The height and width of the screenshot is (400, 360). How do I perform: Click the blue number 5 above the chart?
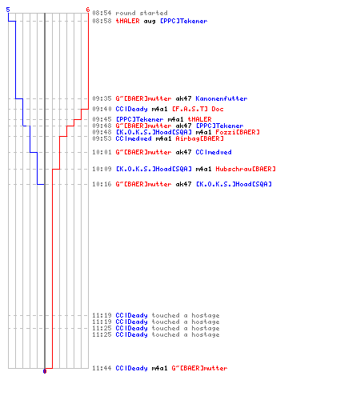click(x=8, y=10)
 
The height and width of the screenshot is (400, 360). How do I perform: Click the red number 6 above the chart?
click(x=88, y=10)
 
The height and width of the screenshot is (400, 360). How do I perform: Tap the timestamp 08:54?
click(x=102, y=13)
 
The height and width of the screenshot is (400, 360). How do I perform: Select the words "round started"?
click(x=142, y=13)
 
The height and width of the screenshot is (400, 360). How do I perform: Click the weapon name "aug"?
click(x=150, y=22)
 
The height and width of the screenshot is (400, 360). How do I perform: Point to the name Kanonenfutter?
click(x=222, y=98)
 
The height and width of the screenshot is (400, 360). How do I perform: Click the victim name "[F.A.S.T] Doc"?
click(x=198, y=109)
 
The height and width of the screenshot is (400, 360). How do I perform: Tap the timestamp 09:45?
click(x=102, y=119)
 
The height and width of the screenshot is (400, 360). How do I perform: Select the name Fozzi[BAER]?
click(x=238, y=132)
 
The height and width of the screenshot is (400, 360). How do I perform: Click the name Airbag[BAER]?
click(x=199, y=138)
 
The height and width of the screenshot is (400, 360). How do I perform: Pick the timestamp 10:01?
click(x=102, y=152)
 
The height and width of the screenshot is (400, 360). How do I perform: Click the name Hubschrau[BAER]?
click(x=246, y=169)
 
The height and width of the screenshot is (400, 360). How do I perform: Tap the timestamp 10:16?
click(x=102, y=184)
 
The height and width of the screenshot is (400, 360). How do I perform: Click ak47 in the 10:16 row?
click(x=183, y=184)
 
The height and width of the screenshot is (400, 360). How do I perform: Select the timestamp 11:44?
click(x=102, y=368)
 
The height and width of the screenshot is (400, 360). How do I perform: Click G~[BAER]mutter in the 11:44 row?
click(x=199, y=368)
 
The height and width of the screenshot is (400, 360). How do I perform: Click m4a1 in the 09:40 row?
click(x=159, y=109)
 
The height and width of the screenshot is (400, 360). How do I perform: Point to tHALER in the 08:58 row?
click(x=127, y=21)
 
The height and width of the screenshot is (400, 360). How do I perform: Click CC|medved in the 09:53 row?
click(x=134, y=138)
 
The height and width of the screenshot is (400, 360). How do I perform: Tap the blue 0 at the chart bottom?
click(x=45, y=371)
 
